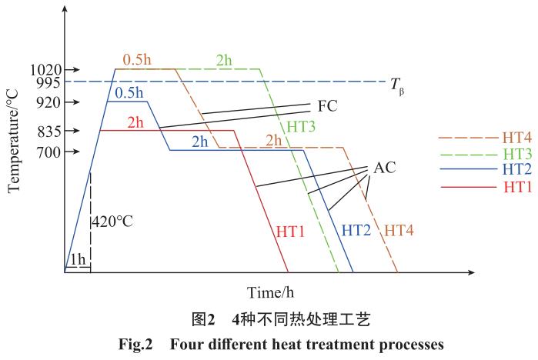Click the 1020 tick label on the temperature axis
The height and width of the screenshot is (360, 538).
point(36,69)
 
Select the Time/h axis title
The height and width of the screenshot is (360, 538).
point(270,293)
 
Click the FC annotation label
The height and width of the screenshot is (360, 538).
point(327,106)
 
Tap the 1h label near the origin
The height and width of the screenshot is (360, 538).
point(78,259)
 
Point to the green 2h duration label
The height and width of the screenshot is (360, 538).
point(223,59)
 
